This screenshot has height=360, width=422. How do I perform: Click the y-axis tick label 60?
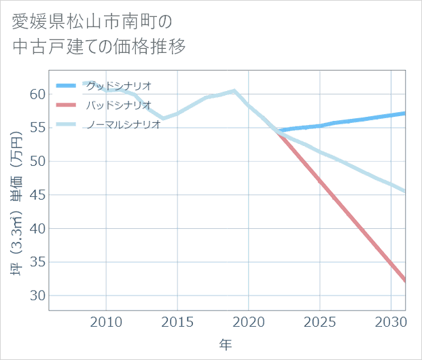(x=38, y=94)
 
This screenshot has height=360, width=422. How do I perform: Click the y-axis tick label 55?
(x=38, y=128)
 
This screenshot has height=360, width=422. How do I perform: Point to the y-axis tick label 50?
(x=38, y=162)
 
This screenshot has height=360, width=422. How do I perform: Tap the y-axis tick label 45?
(x=38, y=196)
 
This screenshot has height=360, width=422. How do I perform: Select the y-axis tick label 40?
(x=38, y=229)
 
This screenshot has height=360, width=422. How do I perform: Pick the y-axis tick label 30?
(x=38, y=296)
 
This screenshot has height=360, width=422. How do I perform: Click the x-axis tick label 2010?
(x=107, y=320)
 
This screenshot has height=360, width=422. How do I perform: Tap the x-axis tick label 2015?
(x=177, y=320)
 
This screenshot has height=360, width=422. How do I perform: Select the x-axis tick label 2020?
(x=249, y=320)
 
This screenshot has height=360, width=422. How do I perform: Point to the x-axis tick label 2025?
(x=320, y=320)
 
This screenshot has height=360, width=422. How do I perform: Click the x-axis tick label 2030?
(x=391, y=320)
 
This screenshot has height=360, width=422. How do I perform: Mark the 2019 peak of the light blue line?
(x=234, y=91)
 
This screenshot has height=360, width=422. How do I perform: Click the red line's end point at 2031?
(x=405, y=280)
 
